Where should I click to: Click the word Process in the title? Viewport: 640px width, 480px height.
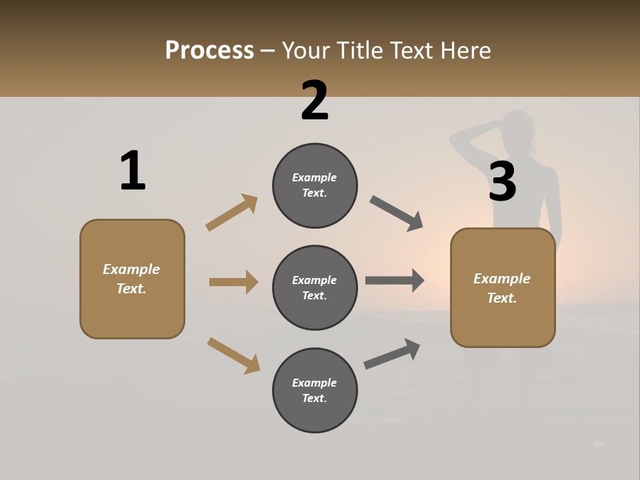[x=209, y=50]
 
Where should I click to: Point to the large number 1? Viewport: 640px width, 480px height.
[x=133, y=171]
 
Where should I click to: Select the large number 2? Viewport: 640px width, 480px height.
[x=315, y=101]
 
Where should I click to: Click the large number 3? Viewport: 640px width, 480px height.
[x=502, y=181]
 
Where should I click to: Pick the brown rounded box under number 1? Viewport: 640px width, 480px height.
[x=132, y=279]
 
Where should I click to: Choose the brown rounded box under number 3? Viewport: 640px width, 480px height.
[x=503, y=288]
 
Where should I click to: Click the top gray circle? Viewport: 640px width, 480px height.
[x=315, y=185]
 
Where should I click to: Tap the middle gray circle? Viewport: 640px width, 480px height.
[x=315, y=288]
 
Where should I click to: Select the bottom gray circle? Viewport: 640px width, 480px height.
[x=315, y=391]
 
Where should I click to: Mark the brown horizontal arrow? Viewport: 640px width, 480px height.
[x=233, y=282]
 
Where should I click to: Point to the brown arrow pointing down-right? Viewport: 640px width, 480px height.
[x=233, y=355]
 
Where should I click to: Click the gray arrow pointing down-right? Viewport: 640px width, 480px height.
[x=397, y=213]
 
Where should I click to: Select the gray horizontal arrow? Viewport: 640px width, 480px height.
[x=395, y=281]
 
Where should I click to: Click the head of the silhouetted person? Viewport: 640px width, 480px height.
[x=518, y=129]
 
